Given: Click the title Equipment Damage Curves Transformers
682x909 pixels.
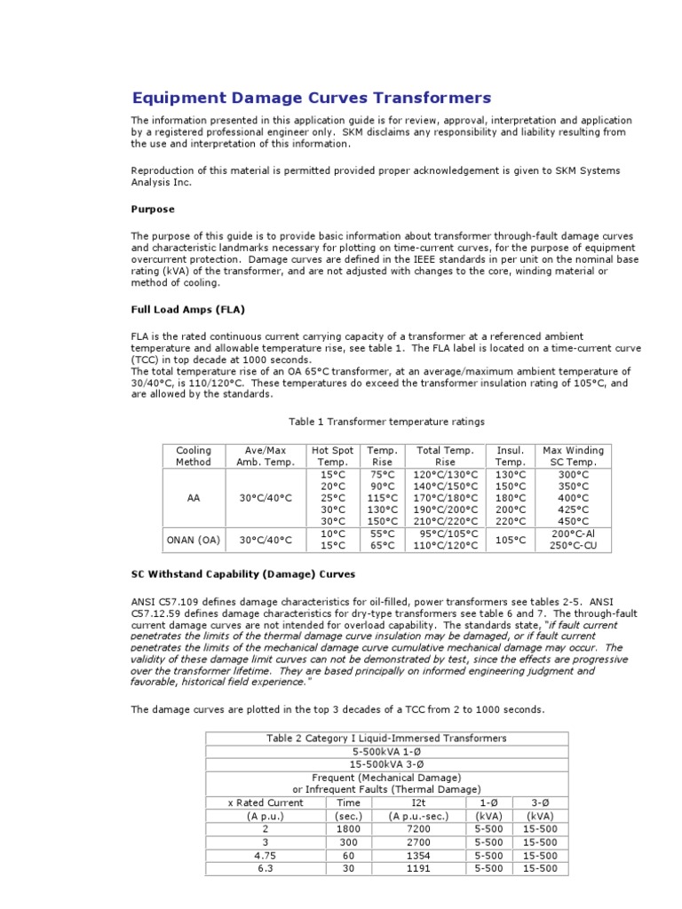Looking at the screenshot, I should (x=311, y=98).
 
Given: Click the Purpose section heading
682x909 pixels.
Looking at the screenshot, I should (x=154, y=209).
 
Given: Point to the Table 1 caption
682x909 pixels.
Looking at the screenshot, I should (x=387, y=421).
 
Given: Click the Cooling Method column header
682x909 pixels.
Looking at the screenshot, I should (x=194, y=456).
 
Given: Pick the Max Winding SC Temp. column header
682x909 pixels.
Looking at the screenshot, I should (x=570, y=456).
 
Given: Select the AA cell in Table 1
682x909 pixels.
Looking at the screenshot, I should (x=194, y=498).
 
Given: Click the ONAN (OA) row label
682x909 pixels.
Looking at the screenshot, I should (x=194, y=540).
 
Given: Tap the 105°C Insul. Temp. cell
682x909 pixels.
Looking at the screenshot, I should (x=511, y=540).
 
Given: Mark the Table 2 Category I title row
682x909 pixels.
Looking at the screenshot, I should (x=386, y=738).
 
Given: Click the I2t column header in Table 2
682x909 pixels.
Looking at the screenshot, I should (x=410, y=802).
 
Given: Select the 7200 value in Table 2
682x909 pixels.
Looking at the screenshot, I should (x=410, y=829).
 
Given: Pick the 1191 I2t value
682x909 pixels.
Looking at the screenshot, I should (x=410, y=869).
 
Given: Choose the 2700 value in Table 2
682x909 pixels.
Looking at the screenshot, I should (x=410, y=842).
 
